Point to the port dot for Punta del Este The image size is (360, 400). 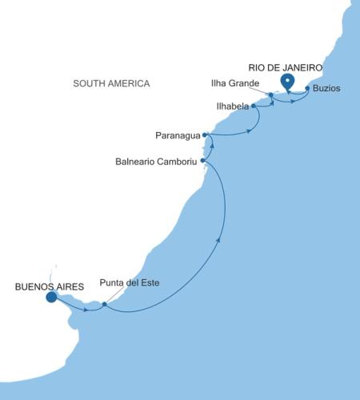105,303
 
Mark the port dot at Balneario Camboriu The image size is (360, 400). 203,160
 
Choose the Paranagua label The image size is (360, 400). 178,134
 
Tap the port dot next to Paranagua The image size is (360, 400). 206,134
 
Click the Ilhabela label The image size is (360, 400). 233,105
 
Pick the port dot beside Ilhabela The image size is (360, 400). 253,106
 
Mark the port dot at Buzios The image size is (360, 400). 307,88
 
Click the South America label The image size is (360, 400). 111,83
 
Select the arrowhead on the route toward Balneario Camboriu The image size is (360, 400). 220,237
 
